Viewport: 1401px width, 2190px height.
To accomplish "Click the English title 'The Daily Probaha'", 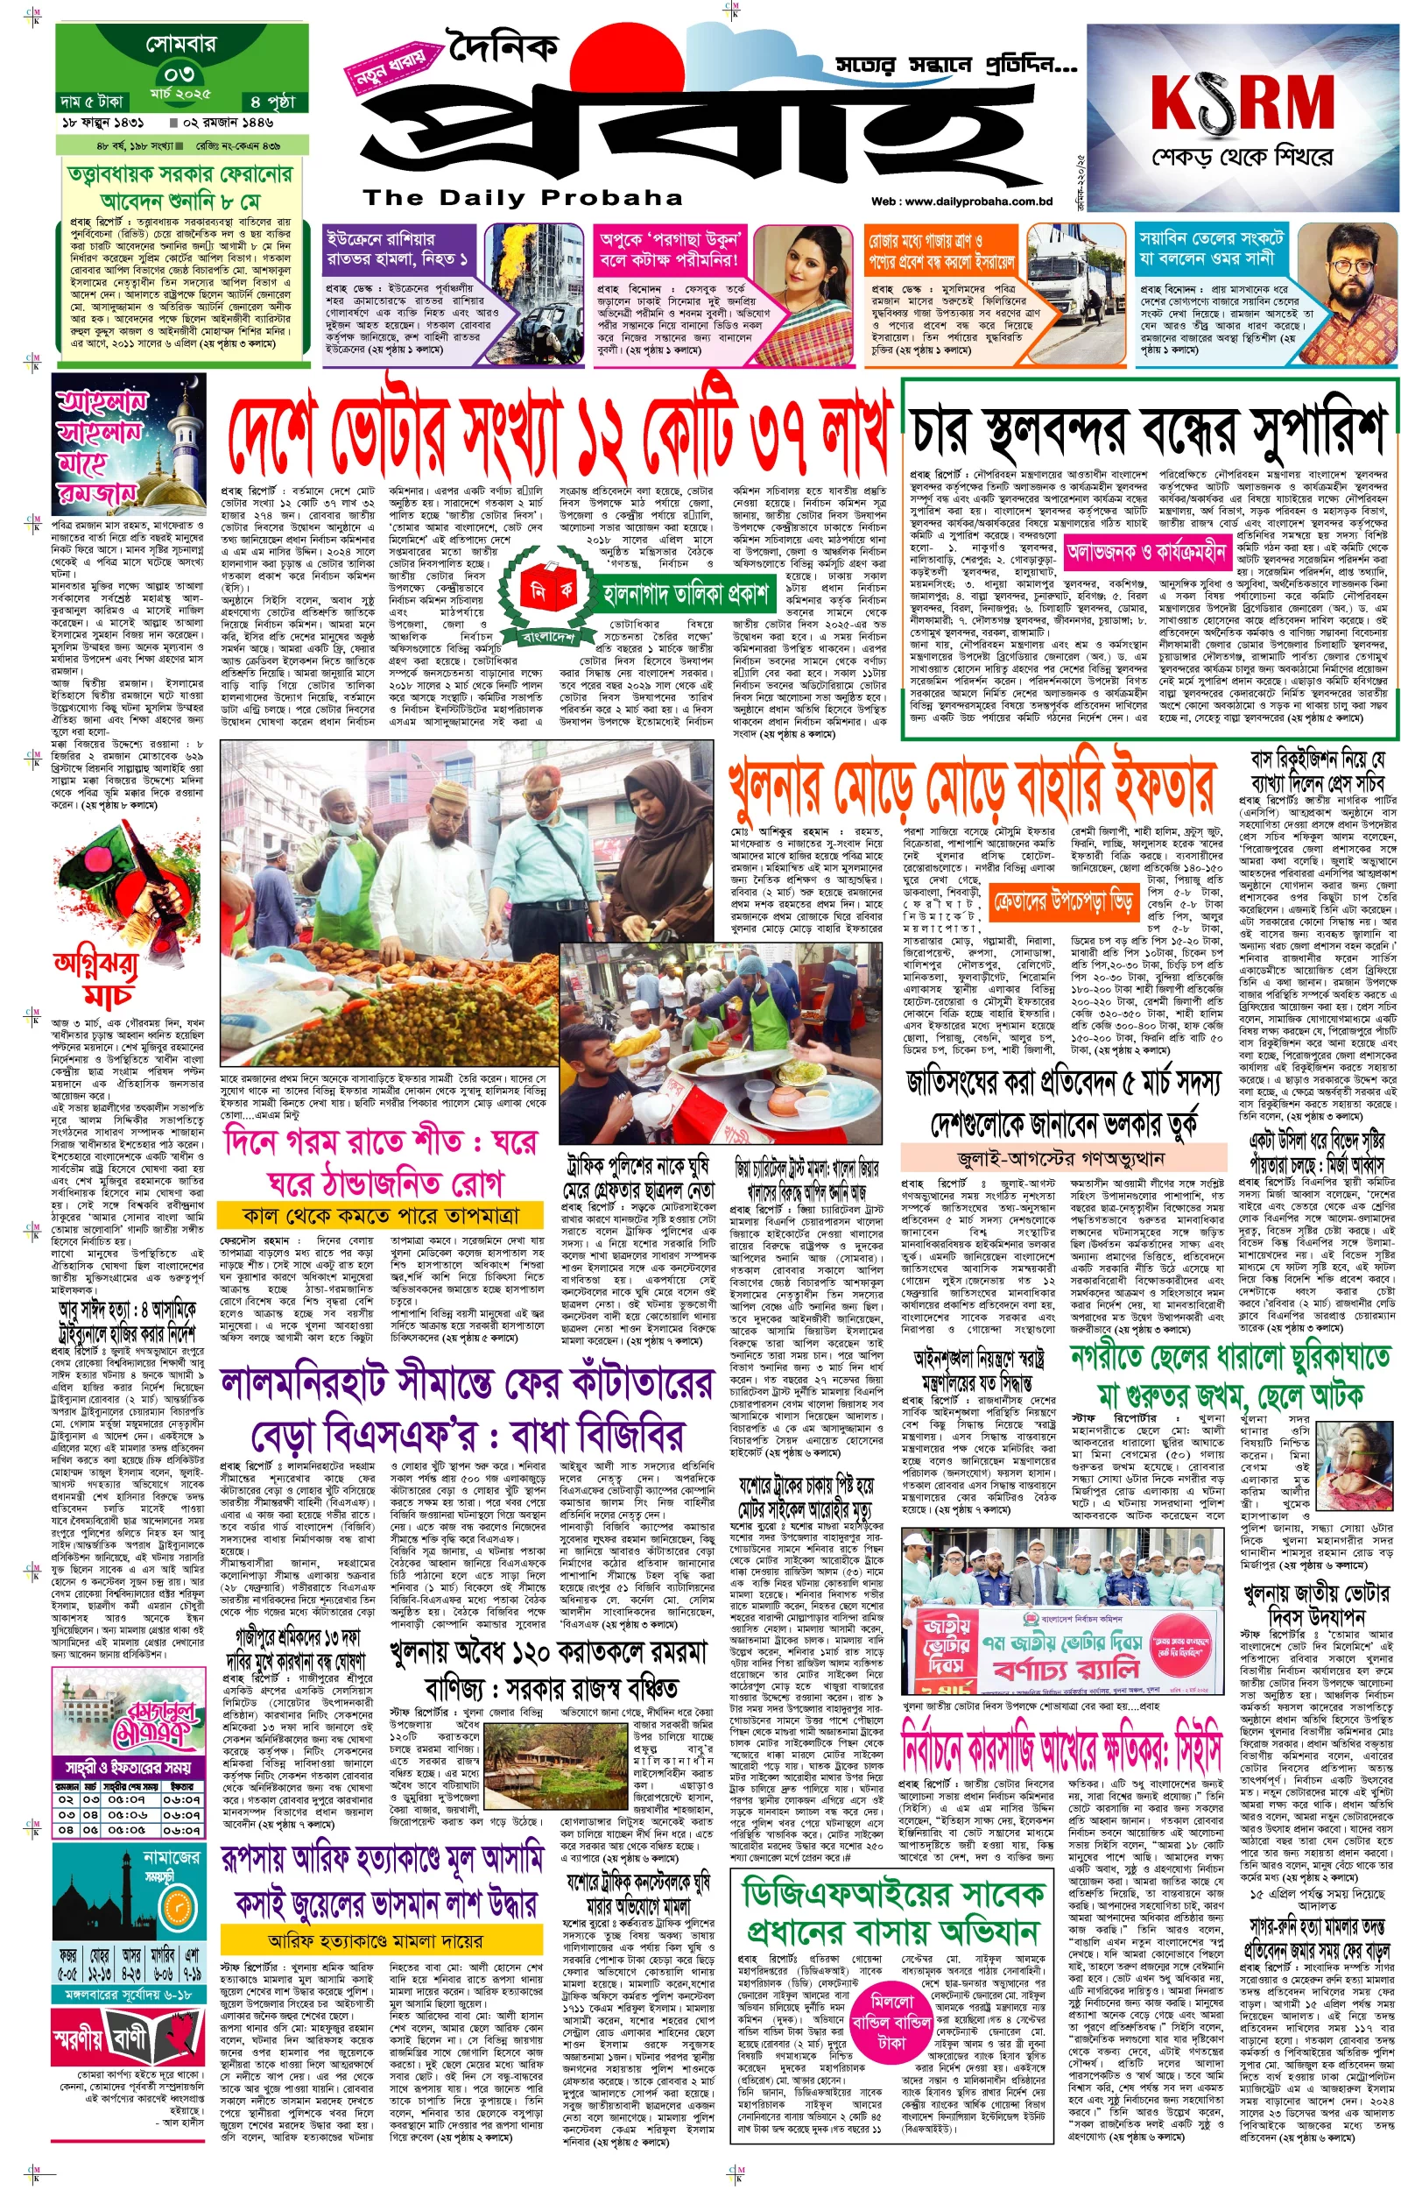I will (x=523, y=197).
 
